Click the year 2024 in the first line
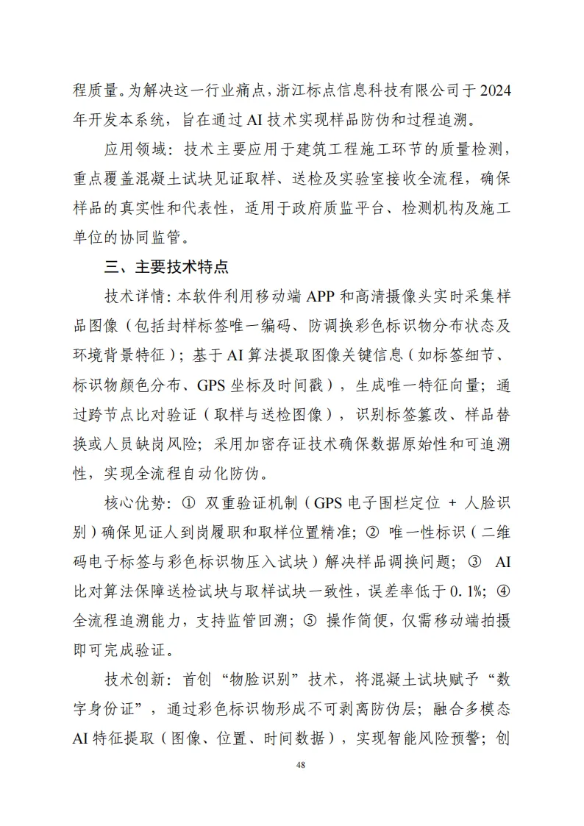click(x=494, y=90)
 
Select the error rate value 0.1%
click(x=469, y=591)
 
